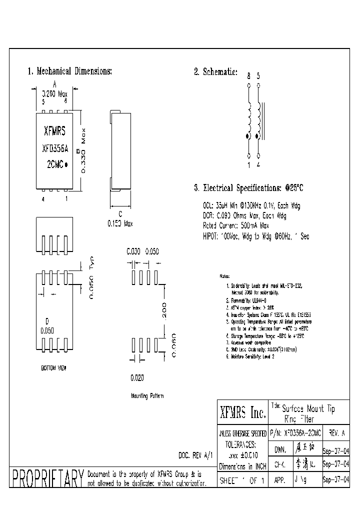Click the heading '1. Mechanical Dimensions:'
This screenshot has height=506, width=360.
click(69, 71)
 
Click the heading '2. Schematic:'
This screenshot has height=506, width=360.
click(215, 71)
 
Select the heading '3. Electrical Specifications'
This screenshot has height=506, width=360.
click(248, 188)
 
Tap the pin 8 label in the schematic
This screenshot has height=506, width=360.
click(248, 76)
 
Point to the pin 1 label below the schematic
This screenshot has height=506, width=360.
click(248, 163)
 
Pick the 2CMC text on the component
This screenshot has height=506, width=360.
click(55, 164)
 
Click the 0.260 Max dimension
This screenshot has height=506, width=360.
click(54, 93)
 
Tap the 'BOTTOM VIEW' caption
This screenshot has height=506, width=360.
click(53, 367)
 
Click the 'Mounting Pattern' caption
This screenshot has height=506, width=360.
click(147, 395)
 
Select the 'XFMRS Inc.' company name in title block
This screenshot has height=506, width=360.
click(242, 413)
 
